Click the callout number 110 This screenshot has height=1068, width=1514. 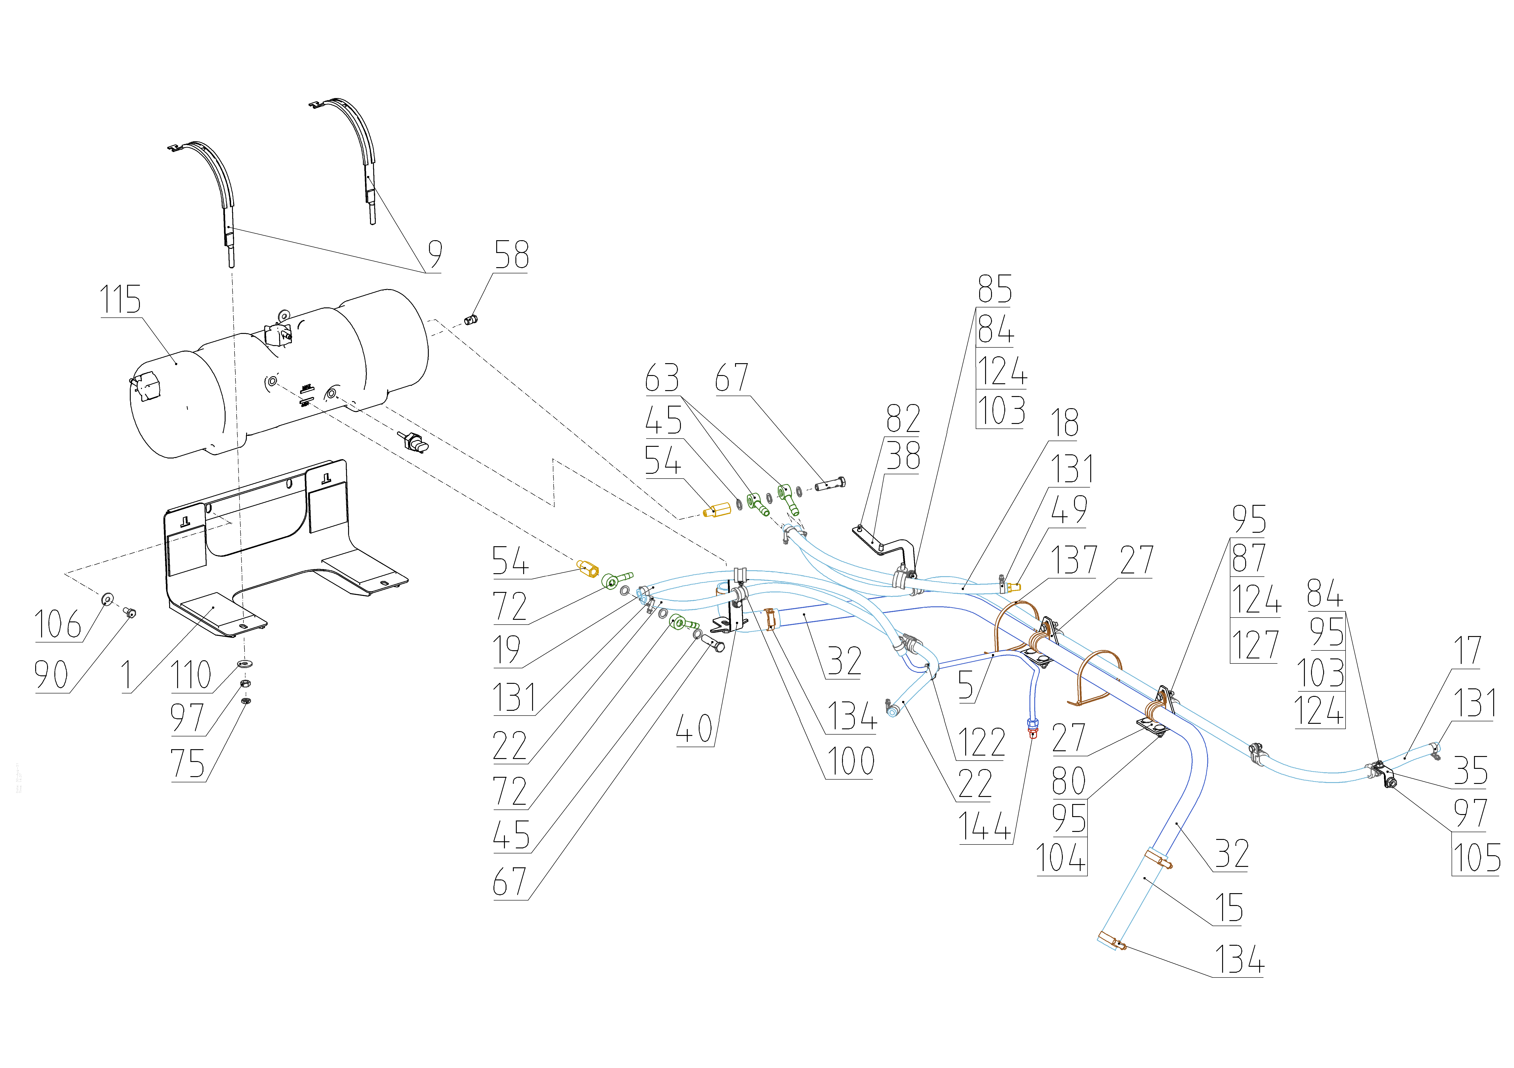click(191, 675)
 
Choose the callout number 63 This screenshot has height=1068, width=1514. click(662, 378)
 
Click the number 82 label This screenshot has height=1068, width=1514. click(903, 419)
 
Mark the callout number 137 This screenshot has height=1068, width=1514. click(1074, 560)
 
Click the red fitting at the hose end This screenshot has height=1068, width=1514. click(1033, 728)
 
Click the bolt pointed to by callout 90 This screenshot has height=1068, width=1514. click(130, 613)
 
